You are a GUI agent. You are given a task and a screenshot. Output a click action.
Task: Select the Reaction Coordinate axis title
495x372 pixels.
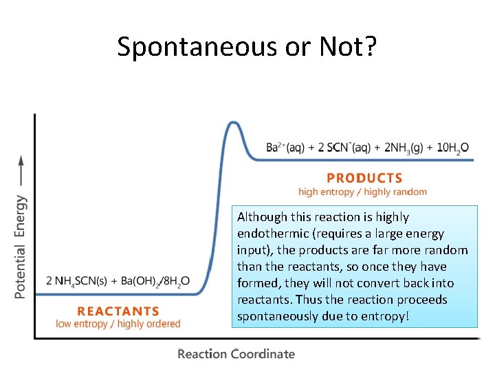(236, 354)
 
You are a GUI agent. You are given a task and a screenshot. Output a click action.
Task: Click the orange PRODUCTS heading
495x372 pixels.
(364, 178)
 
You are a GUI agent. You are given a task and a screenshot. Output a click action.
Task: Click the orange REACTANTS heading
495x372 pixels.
(118, 311)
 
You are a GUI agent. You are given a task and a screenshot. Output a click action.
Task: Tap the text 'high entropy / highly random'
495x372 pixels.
(362, 192)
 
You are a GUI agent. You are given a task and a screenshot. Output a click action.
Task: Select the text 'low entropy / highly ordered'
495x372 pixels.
(118, 324)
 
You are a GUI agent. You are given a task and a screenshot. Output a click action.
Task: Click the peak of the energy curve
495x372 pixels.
(234, 123)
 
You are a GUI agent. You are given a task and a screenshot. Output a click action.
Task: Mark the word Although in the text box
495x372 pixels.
(262, 217)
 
